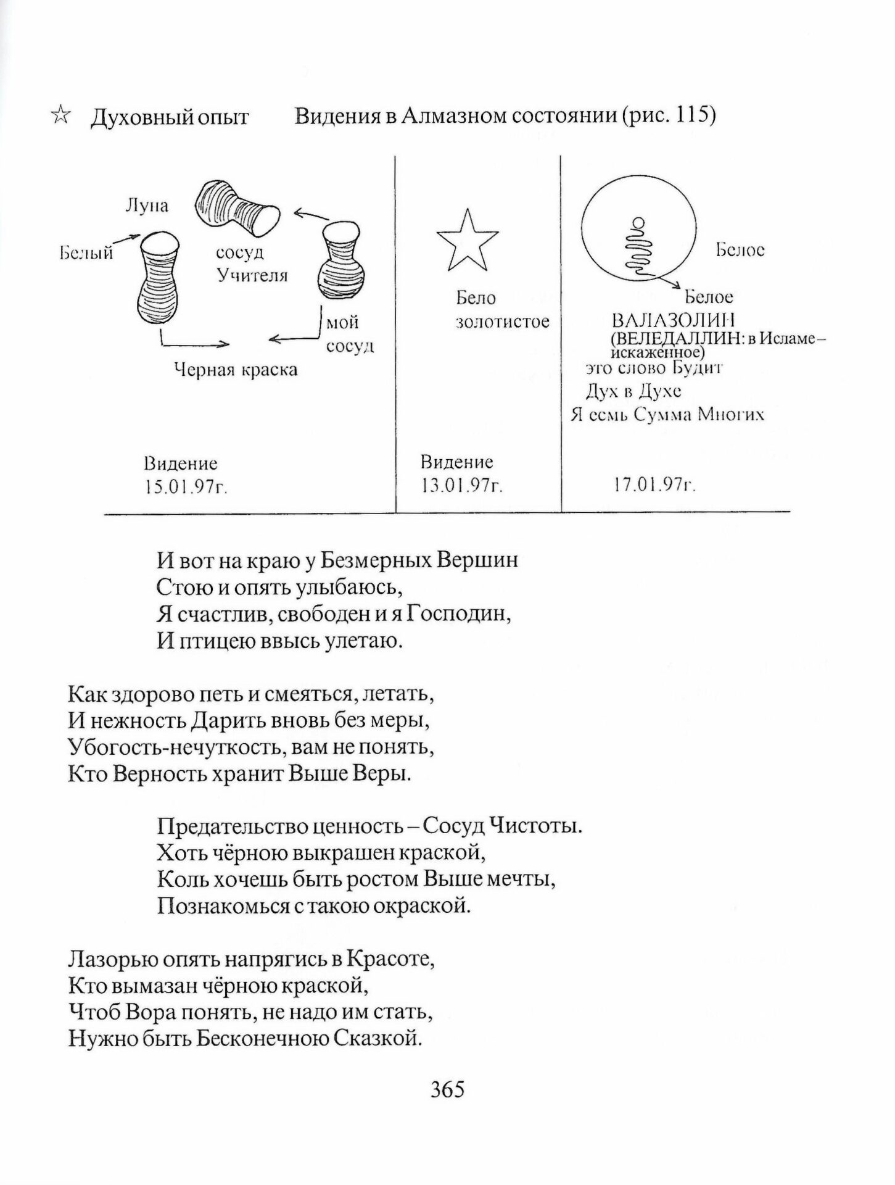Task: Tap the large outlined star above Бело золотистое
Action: (x=467, y=241)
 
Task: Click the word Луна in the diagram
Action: (x=147, y=206)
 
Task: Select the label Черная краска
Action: (x=236, y=370)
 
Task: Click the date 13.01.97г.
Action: (x=462, y=486)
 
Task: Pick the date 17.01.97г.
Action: (x=654, y=486)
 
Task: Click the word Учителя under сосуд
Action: (x=253, y=275)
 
